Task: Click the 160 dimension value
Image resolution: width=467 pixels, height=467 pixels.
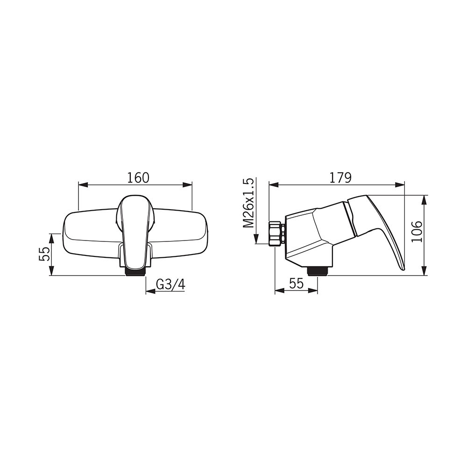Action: tap(138, 178)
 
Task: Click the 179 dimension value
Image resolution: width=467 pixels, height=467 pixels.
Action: tap(340, 178)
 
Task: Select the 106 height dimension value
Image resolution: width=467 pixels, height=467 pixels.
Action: tap(417, 232)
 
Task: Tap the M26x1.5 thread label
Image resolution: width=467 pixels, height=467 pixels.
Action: tap(248, 203)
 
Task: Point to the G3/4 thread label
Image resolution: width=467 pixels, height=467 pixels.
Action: tap(170, 285)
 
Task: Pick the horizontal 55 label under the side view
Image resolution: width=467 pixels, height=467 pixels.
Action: tap(296, 283)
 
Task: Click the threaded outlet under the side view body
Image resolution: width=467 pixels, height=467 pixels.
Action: tap(318, 271)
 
